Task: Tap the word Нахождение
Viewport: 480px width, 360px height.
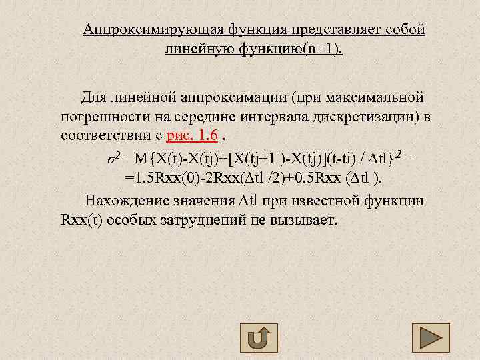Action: [x=123, y=201]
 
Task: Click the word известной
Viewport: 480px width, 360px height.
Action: [x=326, y=201]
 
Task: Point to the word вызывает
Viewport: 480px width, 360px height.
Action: [x=306, y=221]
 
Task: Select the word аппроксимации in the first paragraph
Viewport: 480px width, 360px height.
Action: [x=238, y=99]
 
